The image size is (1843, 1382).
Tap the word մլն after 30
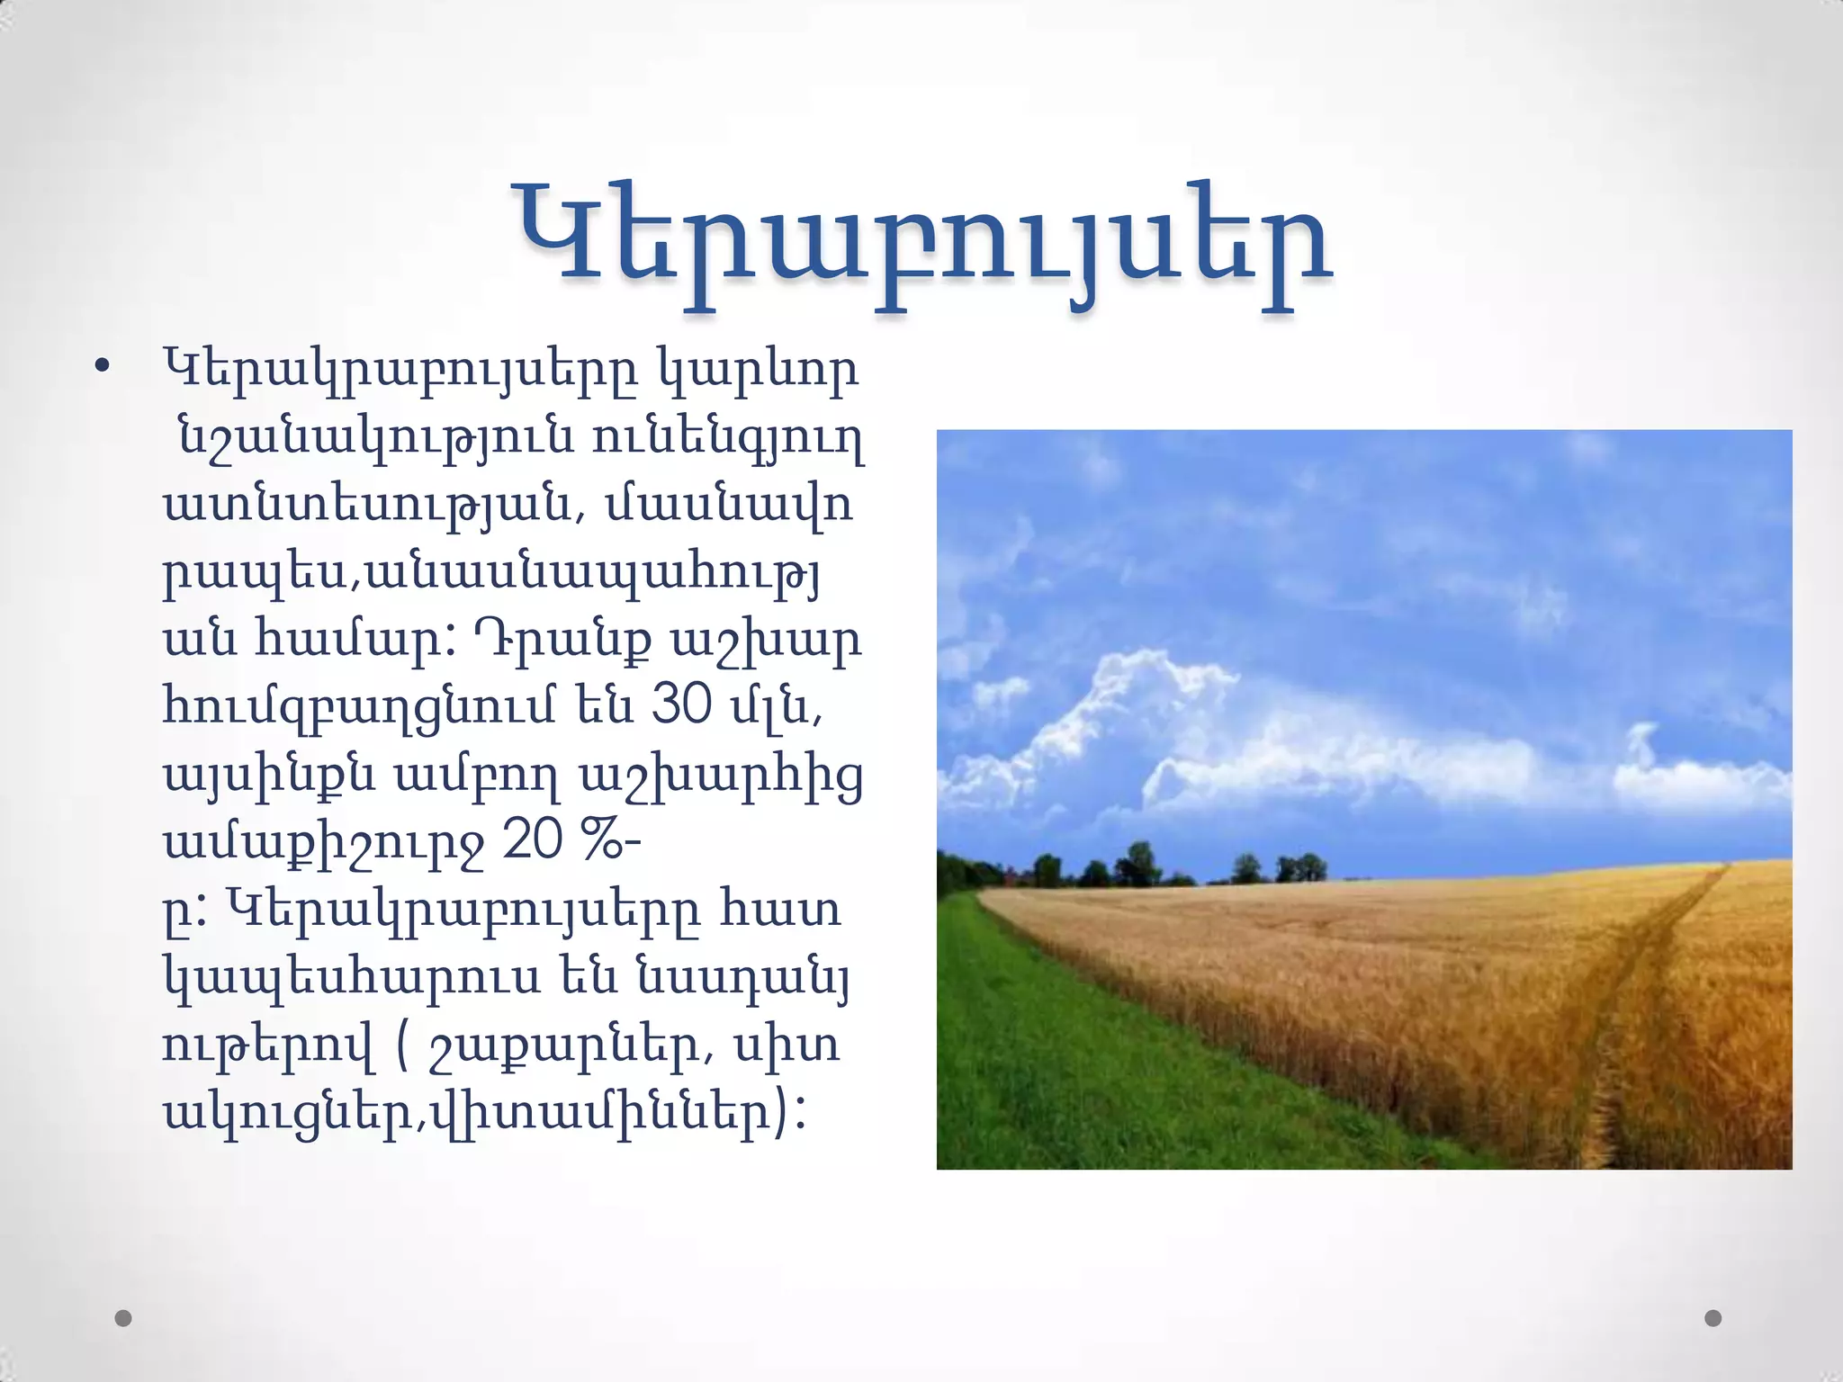pos(773,706)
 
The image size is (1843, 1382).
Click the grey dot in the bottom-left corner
pos(124,1318)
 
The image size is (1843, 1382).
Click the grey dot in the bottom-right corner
pos(1713,1318)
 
